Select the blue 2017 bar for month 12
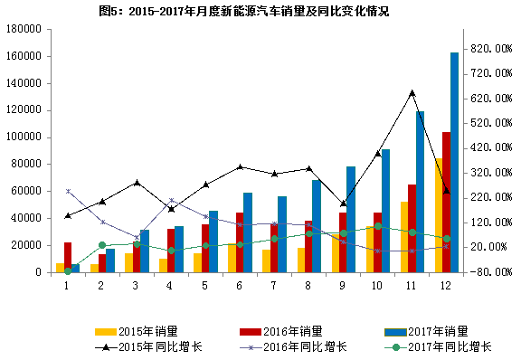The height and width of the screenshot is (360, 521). [454, 163]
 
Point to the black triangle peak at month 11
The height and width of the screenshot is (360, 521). [412, 92]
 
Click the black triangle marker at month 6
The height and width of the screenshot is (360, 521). [240, 166]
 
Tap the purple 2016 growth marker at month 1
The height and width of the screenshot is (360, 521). [68, 191]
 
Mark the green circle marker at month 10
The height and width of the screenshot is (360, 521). [377, 227]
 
